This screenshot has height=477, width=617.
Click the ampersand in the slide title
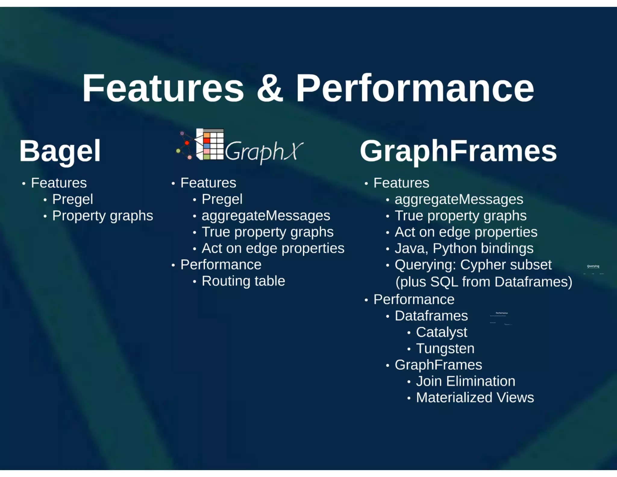pos(270,88)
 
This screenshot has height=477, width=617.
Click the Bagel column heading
pos(60,151)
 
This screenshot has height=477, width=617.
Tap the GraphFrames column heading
pos(458,151)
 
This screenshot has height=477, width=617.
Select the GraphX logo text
pos(264,151)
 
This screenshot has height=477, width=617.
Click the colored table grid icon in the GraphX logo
pos(210,144)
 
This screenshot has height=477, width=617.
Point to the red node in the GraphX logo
pos(187,143)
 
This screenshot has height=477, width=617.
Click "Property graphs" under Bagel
pos(102,216)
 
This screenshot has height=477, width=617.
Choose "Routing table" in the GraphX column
pos(243,281)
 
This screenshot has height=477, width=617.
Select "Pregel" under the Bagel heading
pos(73,199)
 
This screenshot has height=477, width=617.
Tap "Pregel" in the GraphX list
pos(222,199)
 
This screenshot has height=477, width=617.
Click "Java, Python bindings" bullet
pos(464,248)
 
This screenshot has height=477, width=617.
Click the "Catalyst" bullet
pos(441,332)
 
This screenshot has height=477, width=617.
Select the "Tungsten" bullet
pos(445,349)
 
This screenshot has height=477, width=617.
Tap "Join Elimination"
pos(465,381)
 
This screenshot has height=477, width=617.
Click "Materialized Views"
pos(475,398)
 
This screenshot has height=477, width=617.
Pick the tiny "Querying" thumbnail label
pos(593,266)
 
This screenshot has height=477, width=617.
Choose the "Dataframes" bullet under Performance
pos(431,316)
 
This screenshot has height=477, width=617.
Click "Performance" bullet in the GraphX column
pos(221,265)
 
